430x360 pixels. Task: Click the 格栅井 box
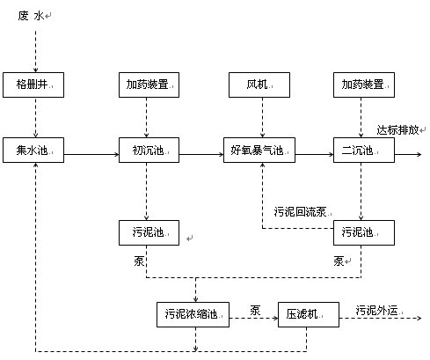(34, 85)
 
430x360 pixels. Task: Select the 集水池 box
(34, 151)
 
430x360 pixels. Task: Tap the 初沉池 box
(146, 151)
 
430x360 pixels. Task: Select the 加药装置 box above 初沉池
(146, 85)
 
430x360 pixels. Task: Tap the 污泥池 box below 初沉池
(146, 232)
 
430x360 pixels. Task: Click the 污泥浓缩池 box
(193, 312)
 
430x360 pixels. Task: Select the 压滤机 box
(308, 312)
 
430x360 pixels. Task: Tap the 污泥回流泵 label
(301, 211)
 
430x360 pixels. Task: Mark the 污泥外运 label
(378, 309)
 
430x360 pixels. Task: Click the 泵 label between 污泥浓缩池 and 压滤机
(255, 309)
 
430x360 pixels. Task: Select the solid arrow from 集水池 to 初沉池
(92, 156)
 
